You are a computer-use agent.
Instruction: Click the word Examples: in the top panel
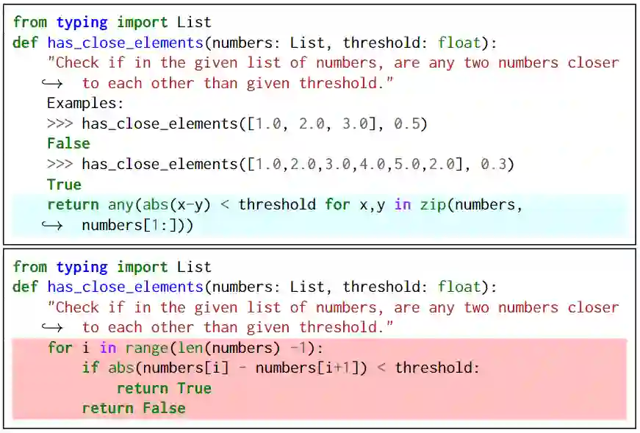85,103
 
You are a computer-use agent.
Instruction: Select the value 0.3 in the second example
493,164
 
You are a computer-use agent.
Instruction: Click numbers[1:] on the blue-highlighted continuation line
134,225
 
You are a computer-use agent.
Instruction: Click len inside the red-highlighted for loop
190,347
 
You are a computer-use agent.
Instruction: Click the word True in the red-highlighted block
194,388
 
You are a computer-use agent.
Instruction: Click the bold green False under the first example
68,143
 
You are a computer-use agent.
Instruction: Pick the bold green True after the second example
64,185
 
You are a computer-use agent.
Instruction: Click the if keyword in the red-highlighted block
90,368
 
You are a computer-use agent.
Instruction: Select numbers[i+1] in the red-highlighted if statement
306,368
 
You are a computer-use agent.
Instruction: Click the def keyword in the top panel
25,42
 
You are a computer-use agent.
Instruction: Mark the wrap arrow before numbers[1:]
51,225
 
